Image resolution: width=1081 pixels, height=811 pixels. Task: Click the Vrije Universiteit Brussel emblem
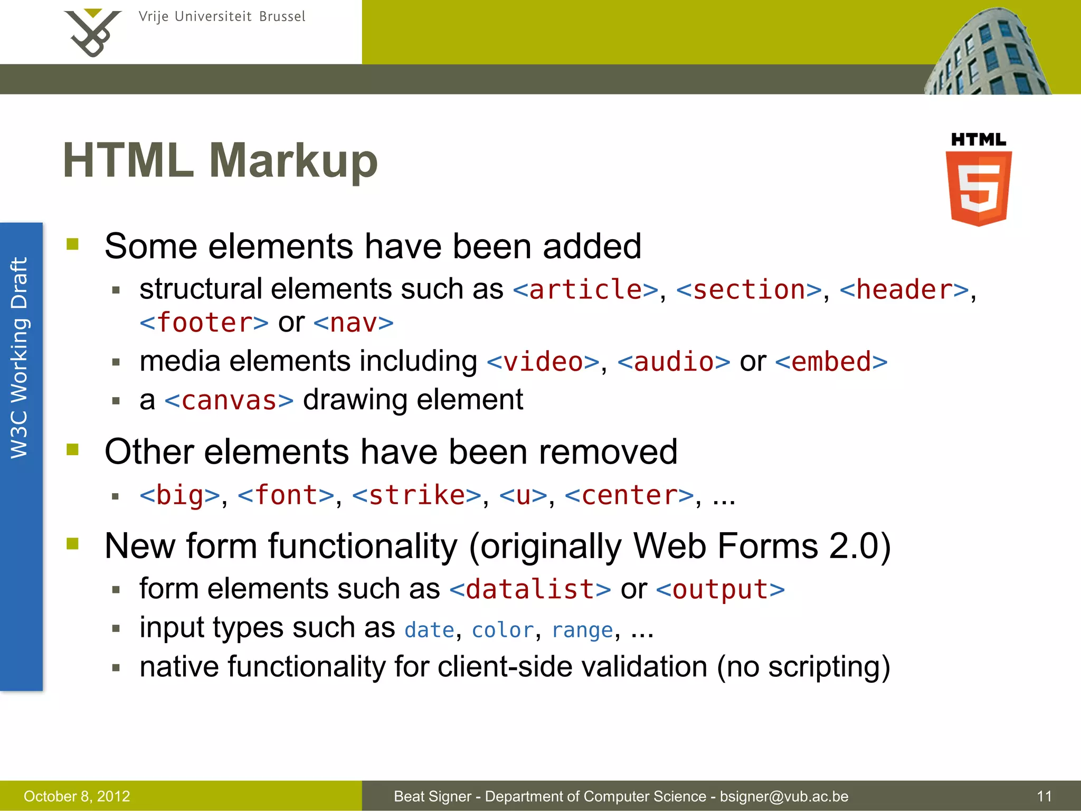(92, 33)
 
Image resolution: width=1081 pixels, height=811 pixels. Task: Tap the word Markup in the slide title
(293, 161)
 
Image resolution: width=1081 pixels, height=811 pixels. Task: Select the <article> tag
(585, 289)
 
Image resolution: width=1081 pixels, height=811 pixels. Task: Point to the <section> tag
(749, 289)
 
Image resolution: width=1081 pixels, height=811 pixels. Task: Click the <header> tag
(904, 289)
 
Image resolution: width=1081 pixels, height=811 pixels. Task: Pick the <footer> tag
(204, 323)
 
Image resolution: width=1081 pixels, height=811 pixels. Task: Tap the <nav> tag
(354, 323)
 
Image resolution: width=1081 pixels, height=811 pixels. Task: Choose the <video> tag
(543, 362)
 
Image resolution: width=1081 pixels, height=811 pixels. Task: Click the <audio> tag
(674, 362)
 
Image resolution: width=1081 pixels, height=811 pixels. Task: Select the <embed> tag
(831, 362)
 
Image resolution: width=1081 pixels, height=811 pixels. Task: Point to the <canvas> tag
(229, 400)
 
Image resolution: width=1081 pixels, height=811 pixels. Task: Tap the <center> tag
(629, 495)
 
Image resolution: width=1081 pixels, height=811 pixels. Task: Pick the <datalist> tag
(530, 589)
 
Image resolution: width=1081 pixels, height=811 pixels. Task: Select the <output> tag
(720, 589)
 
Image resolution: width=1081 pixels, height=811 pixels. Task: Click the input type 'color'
(503, 630)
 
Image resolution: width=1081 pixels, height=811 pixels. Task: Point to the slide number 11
(1044, 796)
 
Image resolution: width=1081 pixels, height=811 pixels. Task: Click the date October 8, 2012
(77, 796)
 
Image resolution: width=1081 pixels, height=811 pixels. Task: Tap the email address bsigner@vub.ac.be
(784, 796)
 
